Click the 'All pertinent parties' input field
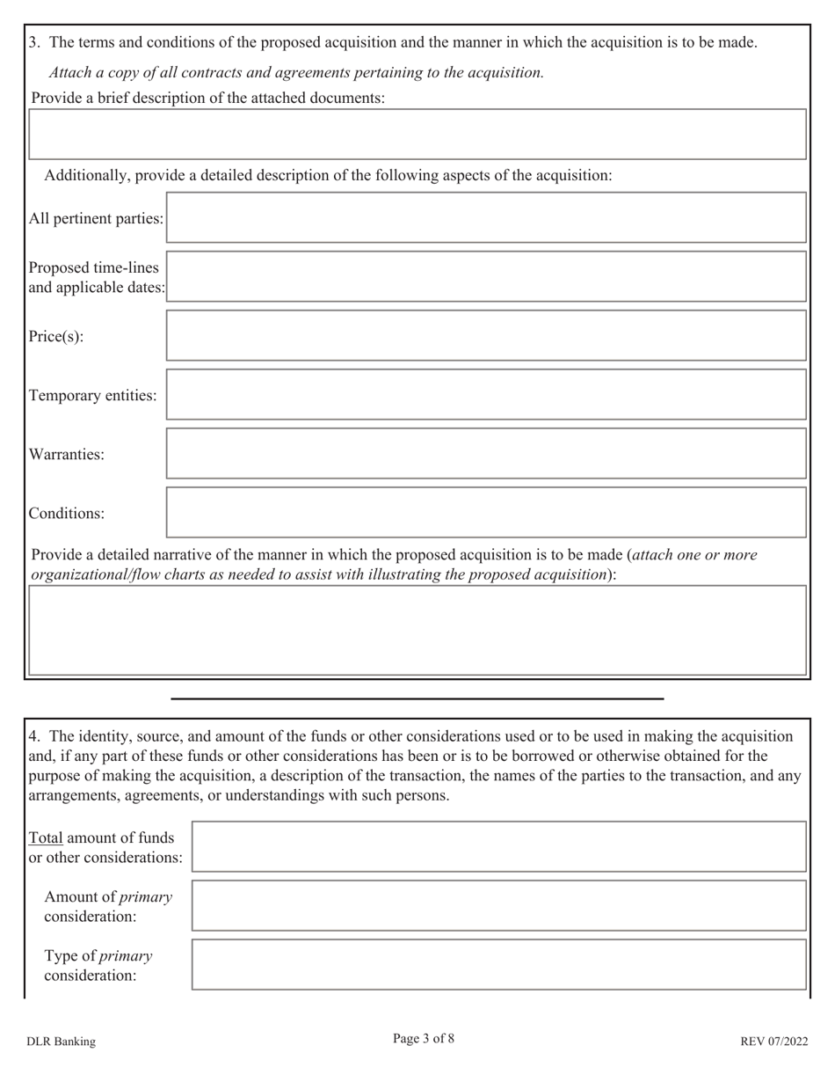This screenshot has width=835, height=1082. (486, 217)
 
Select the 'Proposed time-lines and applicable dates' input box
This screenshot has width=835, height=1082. (486, 276)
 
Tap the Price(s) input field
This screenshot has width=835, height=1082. (486, 335)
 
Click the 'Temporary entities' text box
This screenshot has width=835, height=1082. (486, 394)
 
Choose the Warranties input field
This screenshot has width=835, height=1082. (486, 453)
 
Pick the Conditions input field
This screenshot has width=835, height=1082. (486, 512)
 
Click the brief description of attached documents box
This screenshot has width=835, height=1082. (417, 134)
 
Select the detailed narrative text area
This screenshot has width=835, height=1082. (417, 630)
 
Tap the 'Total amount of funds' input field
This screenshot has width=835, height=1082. (498, 846)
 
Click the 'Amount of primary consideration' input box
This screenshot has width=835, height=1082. (498, 905)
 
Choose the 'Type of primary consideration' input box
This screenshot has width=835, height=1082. (498, 964)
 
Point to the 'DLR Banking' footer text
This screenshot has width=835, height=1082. (61, 1042)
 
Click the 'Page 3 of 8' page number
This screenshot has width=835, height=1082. (424, 1039)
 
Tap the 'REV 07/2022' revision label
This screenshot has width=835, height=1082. (773, 1042)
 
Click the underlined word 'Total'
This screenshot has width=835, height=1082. (46, 837)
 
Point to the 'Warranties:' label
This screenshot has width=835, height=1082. (67, 454)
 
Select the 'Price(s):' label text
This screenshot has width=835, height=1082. (56, 336)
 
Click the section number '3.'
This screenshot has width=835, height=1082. (34, 42)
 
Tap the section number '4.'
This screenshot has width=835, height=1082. (34, 736)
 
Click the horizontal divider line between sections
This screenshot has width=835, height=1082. (417, 698)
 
